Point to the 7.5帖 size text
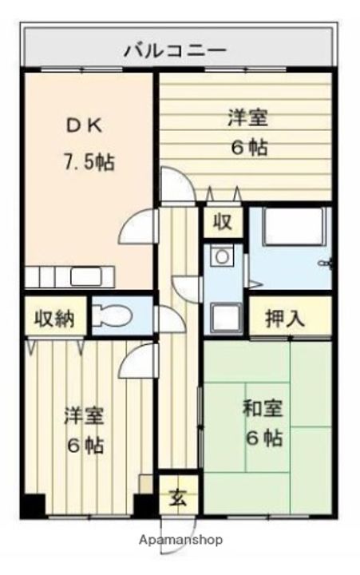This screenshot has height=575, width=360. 89,162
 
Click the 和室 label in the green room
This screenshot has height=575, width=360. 262,408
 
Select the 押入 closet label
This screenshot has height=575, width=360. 287,318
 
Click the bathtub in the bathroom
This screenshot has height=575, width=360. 292,228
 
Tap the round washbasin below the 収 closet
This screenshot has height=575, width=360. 220,256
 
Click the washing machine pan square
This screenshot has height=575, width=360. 223,318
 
